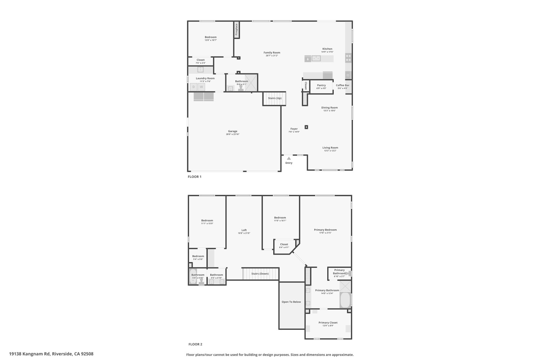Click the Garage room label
233,131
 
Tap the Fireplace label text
237,30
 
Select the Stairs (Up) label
275,98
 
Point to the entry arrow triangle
289,158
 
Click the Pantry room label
321,85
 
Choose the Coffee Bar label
342,85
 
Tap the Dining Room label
329,108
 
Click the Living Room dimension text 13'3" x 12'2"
330,151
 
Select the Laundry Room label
205,78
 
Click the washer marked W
202,87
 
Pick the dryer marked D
193,87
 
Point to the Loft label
244,230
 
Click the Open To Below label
291,302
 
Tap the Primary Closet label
328,323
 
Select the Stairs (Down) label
260,274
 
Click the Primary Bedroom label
325,230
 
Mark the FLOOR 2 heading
195,344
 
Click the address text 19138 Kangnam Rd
30,354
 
